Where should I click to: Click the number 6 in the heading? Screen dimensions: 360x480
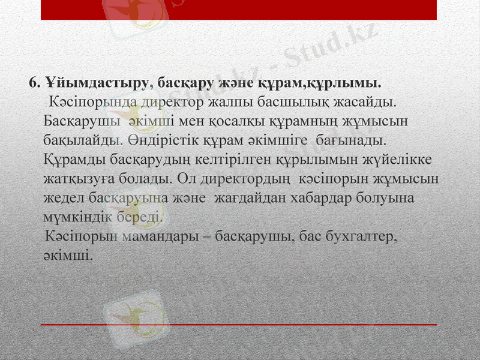(33, 82)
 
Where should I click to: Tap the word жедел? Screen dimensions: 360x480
(64, 198)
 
